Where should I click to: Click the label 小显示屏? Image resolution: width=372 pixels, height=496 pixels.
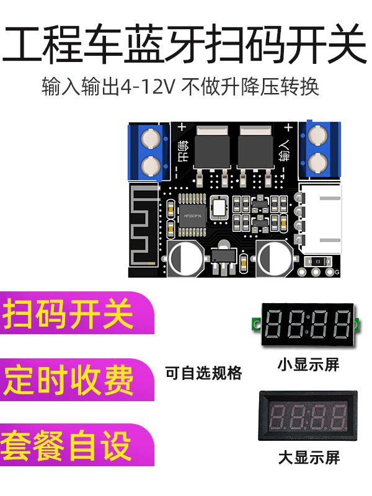pos(308,365)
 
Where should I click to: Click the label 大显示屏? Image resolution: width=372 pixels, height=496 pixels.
pos(308,458)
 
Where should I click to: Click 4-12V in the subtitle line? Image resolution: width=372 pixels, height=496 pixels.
pos(149,86)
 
